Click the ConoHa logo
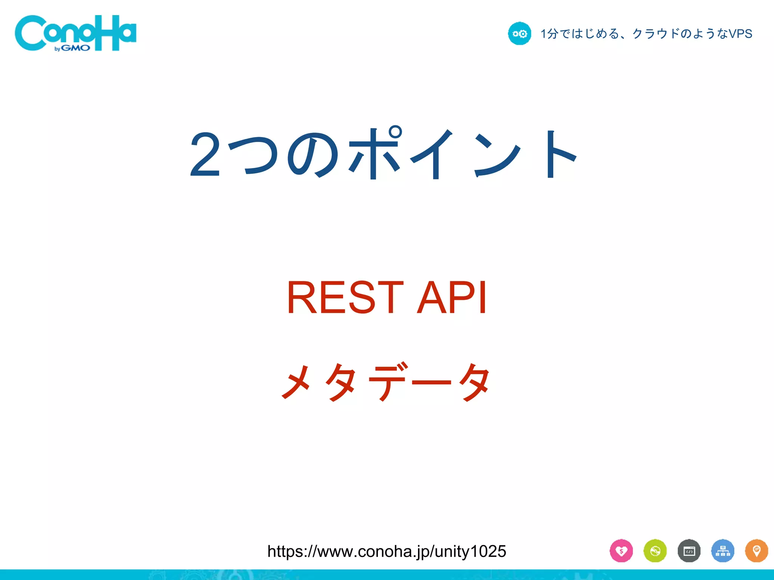pos(76,33)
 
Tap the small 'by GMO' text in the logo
pos(72,48)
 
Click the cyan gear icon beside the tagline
pos(519,34)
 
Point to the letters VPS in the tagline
pos(740,34)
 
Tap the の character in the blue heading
pos(313,155)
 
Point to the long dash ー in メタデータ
pos(431,382)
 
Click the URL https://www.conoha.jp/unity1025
pos(386,551)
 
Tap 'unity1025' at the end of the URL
pos(470,551)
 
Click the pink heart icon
pos(621,551)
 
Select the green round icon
pos(655,551)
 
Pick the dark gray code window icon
pos(689,551)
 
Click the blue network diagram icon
pos(723,551)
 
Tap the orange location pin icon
pos(757,551)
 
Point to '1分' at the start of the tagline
pos(549,34)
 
